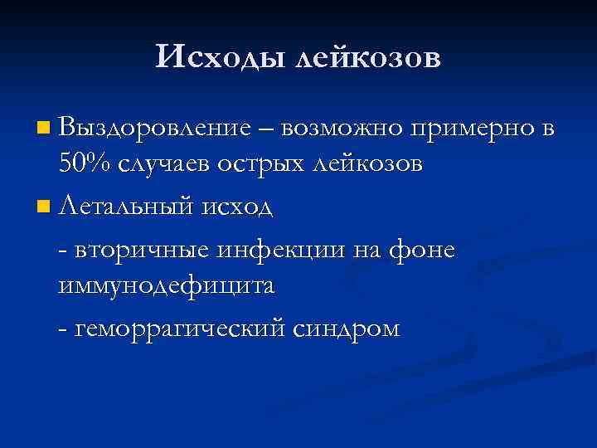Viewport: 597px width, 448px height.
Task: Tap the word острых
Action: (x=263, y=163)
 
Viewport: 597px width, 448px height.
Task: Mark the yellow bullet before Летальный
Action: (x=43, y=204)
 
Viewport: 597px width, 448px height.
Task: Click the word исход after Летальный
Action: (x=241, y=205)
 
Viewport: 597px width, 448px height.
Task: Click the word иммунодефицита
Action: (x=167, y=286)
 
